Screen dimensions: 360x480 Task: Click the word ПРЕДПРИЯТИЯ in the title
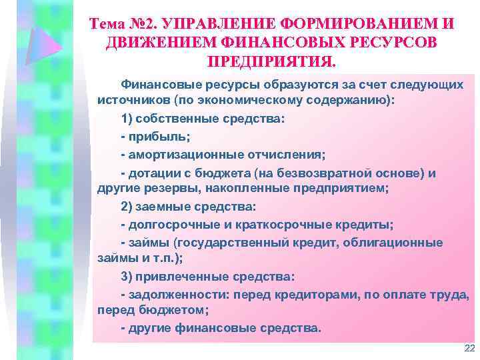[x=271, y=62]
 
